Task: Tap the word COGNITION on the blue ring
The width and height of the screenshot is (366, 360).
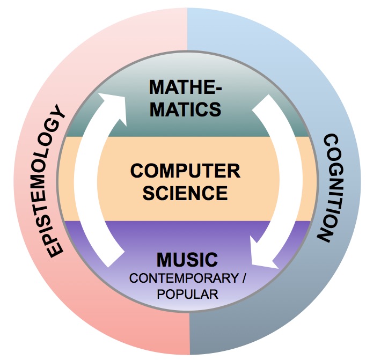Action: click(x=328, y=188)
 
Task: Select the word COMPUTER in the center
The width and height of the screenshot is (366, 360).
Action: click(x=185, y=171)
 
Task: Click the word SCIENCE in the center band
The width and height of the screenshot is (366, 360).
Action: click(x=185, y=193)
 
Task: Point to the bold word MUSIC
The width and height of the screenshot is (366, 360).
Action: click(x=187, y=260)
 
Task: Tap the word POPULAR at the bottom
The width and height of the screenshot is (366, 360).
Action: click(x=188, y=294)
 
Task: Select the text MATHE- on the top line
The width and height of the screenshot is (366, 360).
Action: click(x=185, y=87)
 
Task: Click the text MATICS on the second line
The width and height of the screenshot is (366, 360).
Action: click(x=185, y=109)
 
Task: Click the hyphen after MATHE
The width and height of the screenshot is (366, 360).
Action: click(x=217, y=89)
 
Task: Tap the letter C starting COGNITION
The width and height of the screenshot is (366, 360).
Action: click(x=331, y=141)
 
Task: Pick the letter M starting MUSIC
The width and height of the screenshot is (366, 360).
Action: click(x=163, y=260)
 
